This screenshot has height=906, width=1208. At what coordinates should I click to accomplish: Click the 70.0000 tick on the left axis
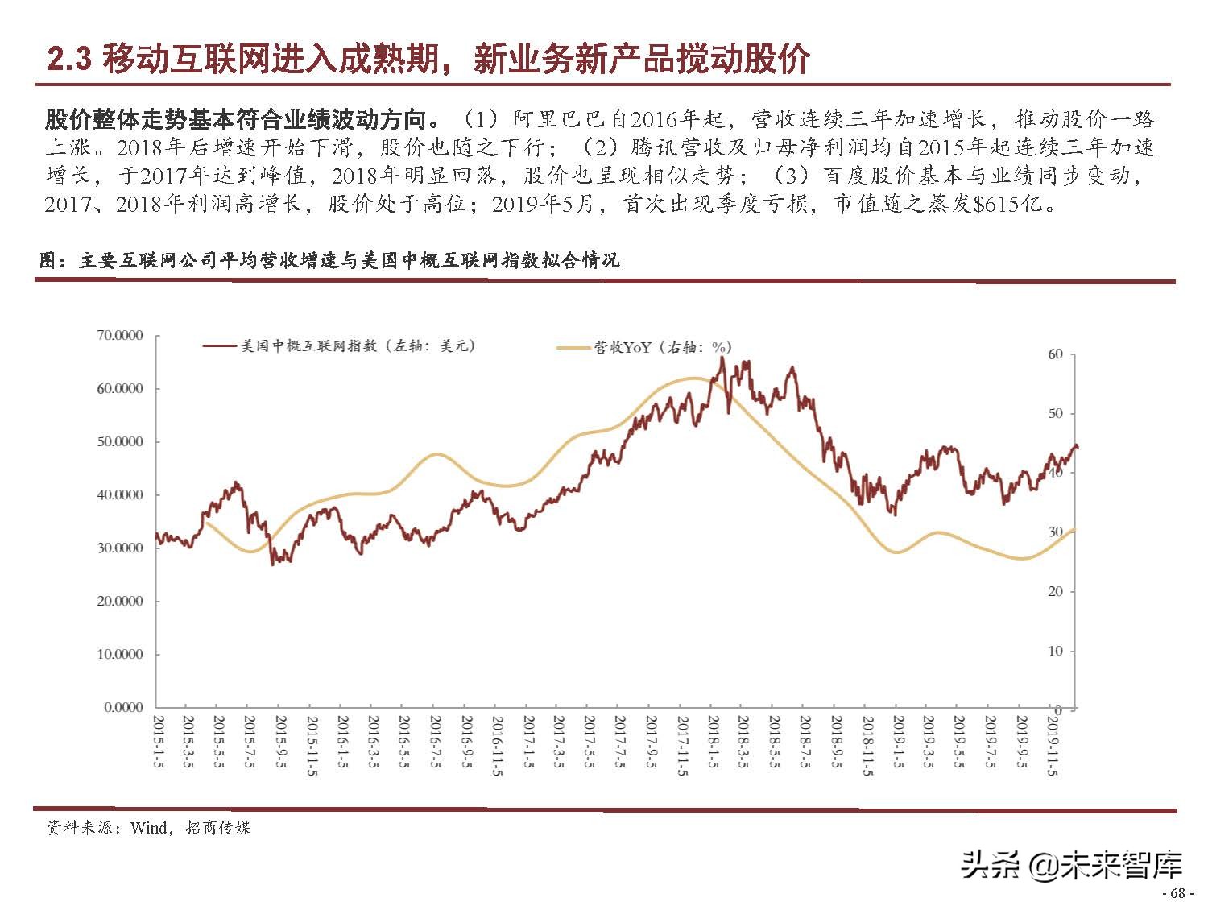pos(119,335)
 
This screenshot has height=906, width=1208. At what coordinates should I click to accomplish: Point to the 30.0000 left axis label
pos(119,548)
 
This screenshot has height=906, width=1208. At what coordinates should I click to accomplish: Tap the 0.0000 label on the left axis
pos(122,707)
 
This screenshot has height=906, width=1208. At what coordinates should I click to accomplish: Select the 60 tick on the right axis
pos(1055,354)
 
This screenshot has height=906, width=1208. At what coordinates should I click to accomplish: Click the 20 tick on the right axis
pos(1055,591)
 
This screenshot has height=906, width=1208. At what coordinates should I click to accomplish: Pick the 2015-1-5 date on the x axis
pos(159,741)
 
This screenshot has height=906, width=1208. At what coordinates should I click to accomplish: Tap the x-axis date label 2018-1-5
pos(713,741)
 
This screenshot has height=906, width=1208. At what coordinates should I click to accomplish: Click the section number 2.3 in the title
pos(70,60)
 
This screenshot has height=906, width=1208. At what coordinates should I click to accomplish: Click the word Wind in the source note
pos(149,828)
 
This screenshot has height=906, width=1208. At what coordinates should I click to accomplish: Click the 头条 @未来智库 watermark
pos(1071,865)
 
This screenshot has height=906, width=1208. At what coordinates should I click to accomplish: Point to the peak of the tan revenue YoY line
pos(694,378)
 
